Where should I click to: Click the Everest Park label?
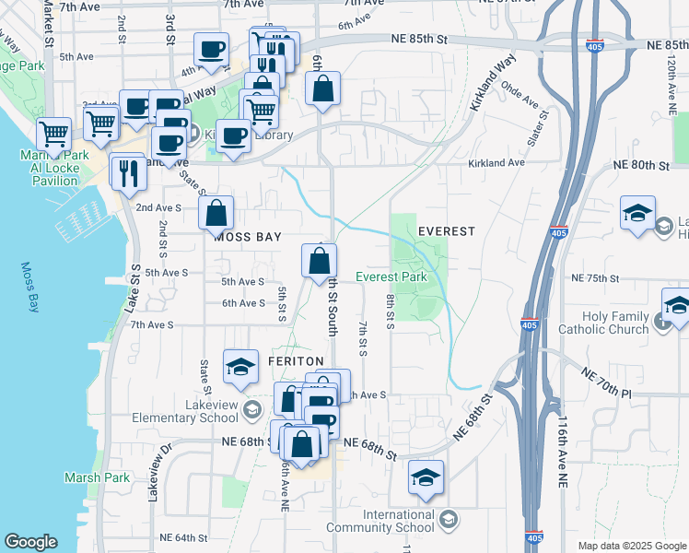(x=391, y=276)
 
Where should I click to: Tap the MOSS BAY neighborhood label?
(x=247, y=237)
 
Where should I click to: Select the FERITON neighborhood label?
(x=296, y=361)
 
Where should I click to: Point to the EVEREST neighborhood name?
(x=447, y=230)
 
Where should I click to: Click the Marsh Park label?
(x=97, y=477)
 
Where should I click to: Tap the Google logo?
(x=30, y=542)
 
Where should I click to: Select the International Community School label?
(x=385, y=521)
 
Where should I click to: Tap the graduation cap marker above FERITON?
(x=240, y=366)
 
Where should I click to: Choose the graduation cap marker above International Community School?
(x=426, y=477)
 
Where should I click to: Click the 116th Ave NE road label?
(x=563, y=452)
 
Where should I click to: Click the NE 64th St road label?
(x=184, y=537)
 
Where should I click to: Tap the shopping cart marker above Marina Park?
(x=53, y=133)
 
